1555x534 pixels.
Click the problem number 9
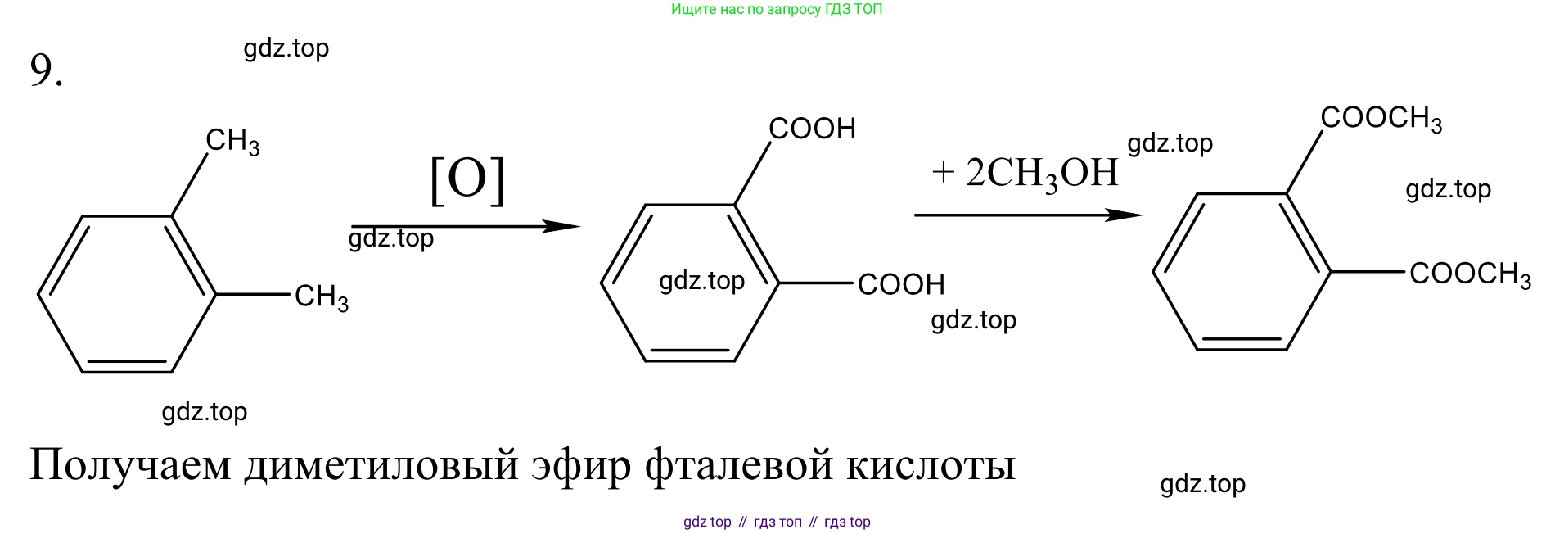click(46, 70)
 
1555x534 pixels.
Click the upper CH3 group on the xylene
click(232, 142)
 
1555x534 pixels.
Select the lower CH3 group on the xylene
click(322, 297)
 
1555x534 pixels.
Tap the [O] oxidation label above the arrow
click(467, 179)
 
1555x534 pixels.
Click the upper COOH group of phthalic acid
click(812, 129)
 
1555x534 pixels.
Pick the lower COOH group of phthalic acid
click(901, 284)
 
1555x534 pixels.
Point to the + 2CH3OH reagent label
click(1025, 174)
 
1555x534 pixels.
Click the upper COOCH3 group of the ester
click(1381, 119)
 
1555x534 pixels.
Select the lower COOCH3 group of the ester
click(1470, 274)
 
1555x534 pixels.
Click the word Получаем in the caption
click(130, 464)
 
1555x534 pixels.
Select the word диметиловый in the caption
click(381, 464)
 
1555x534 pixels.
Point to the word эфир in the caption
click(581, 465)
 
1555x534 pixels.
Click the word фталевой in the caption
click(739, 464)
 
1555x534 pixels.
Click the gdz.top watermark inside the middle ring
click(702, 281)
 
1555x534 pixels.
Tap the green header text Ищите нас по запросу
click(746, 10)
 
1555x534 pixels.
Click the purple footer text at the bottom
click(777, 522)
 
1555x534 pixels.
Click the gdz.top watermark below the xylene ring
click(205, 411)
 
